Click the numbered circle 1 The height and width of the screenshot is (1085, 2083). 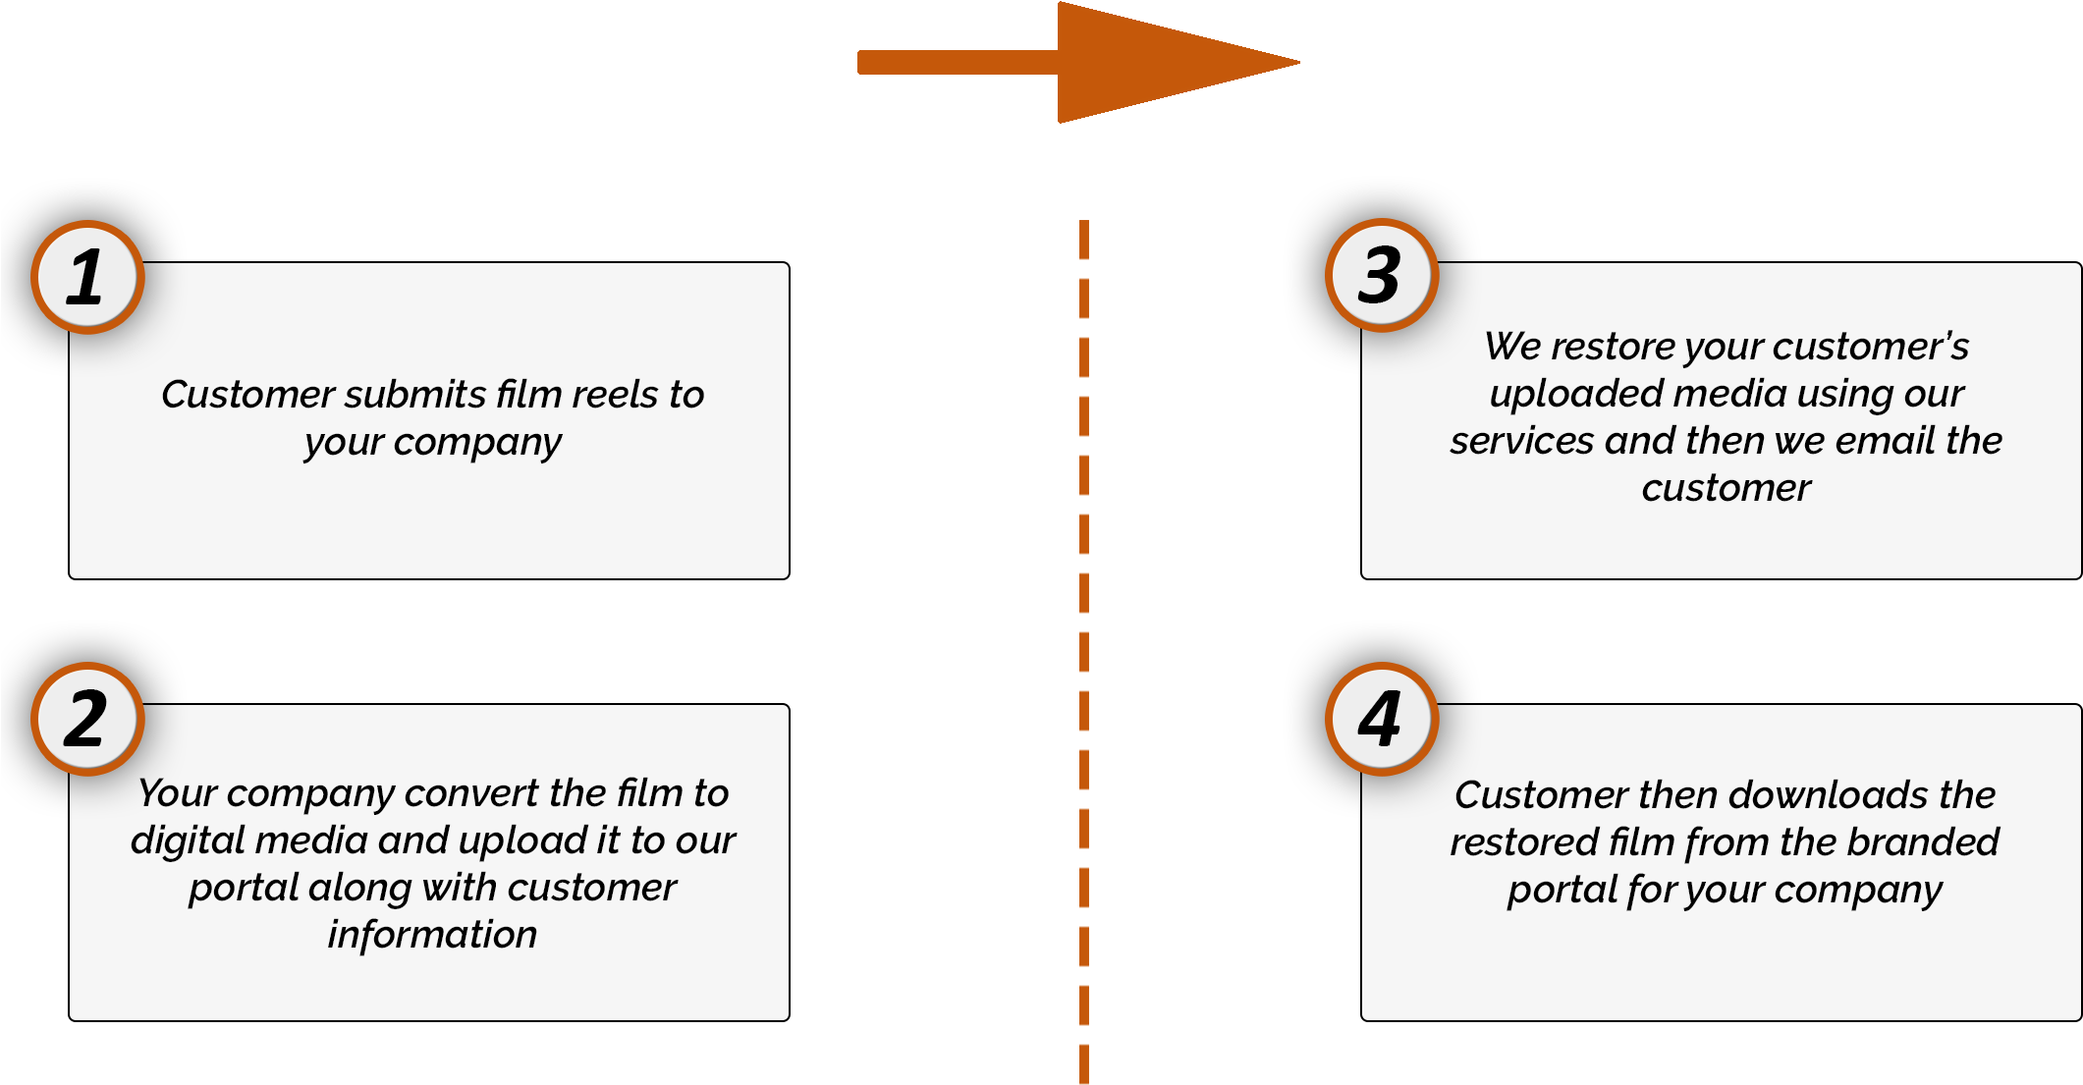coord(87,277)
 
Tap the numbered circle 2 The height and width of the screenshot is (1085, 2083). coord(87,719)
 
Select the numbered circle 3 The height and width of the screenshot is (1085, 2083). coord(1381,275)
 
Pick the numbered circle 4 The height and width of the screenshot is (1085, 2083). coord(1381,719)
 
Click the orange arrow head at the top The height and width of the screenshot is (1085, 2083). coord(1169,63)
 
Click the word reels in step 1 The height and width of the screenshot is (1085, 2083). coord(615,395)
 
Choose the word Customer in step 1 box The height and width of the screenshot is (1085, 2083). coord(248,395)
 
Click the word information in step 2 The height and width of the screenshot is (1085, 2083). coord(432,935)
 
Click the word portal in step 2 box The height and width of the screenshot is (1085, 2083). coord(244,889)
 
